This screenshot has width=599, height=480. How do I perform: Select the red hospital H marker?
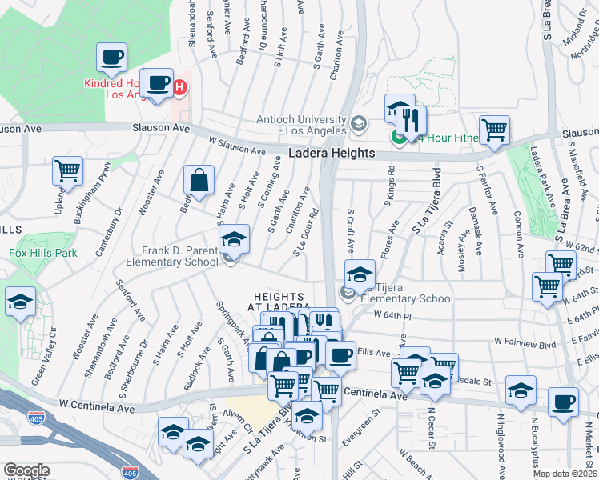[180, 86]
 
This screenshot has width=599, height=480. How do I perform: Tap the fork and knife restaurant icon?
[411, 121]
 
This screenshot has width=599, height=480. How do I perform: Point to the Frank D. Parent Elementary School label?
[180, 256]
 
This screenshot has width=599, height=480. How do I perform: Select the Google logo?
[26, 470]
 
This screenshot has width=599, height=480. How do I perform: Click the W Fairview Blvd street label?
[525, 342]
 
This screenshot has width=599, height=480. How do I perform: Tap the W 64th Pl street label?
[397, 317]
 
